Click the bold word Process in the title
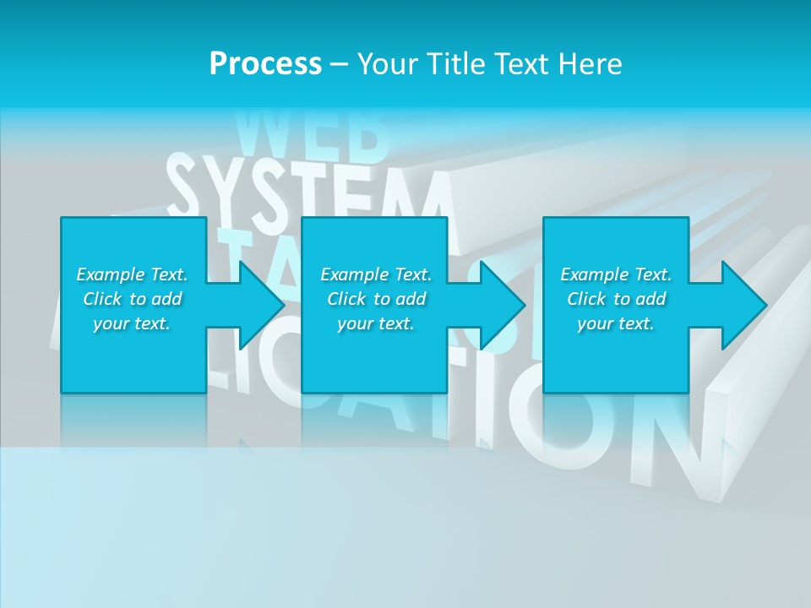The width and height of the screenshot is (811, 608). pyautogui.click(x=265, y=64)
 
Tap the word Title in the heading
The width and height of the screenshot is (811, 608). pyautogui.click(x=454, y=64)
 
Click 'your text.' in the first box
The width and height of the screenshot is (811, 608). pyautogui.click(x=132, y=323)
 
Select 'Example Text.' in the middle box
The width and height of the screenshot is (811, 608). pyautogui.click(x=376, y=274)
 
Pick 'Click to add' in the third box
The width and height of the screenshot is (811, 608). pyautogui.click(x=616, y=299)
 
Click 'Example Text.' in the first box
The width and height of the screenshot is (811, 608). pyautogui.click(x=132, y=274)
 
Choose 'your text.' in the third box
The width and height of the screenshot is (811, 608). pyautogui.click(x=616, y=323)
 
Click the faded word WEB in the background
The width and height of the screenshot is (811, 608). pyautogui.click(x=313, y=135)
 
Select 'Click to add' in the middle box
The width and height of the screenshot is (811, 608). pyautogui.click(x=376, y=299)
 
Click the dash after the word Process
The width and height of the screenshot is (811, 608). pyautogui.click(x=339, y=64)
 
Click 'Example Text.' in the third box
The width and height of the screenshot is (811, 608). pyautogui.click(x=616, y=274)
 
